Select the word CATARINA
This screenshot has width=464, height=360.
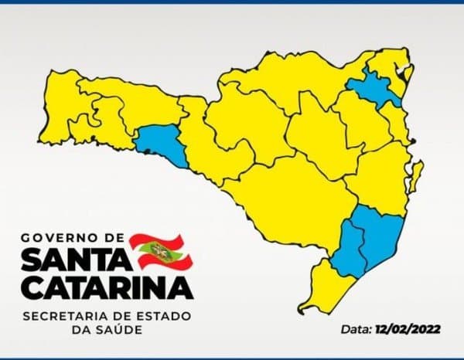click(x=106, y=287)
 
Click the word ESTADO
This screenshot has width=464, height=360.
click(x=164, y=317)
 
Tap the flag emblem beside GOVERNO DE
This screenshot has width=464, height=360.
click(x=160, y=250)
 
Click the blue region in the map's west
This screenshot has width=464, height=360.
click(x=162, y=144)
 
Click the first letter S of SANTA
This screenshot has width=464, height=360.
click(x=32, y=260)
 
